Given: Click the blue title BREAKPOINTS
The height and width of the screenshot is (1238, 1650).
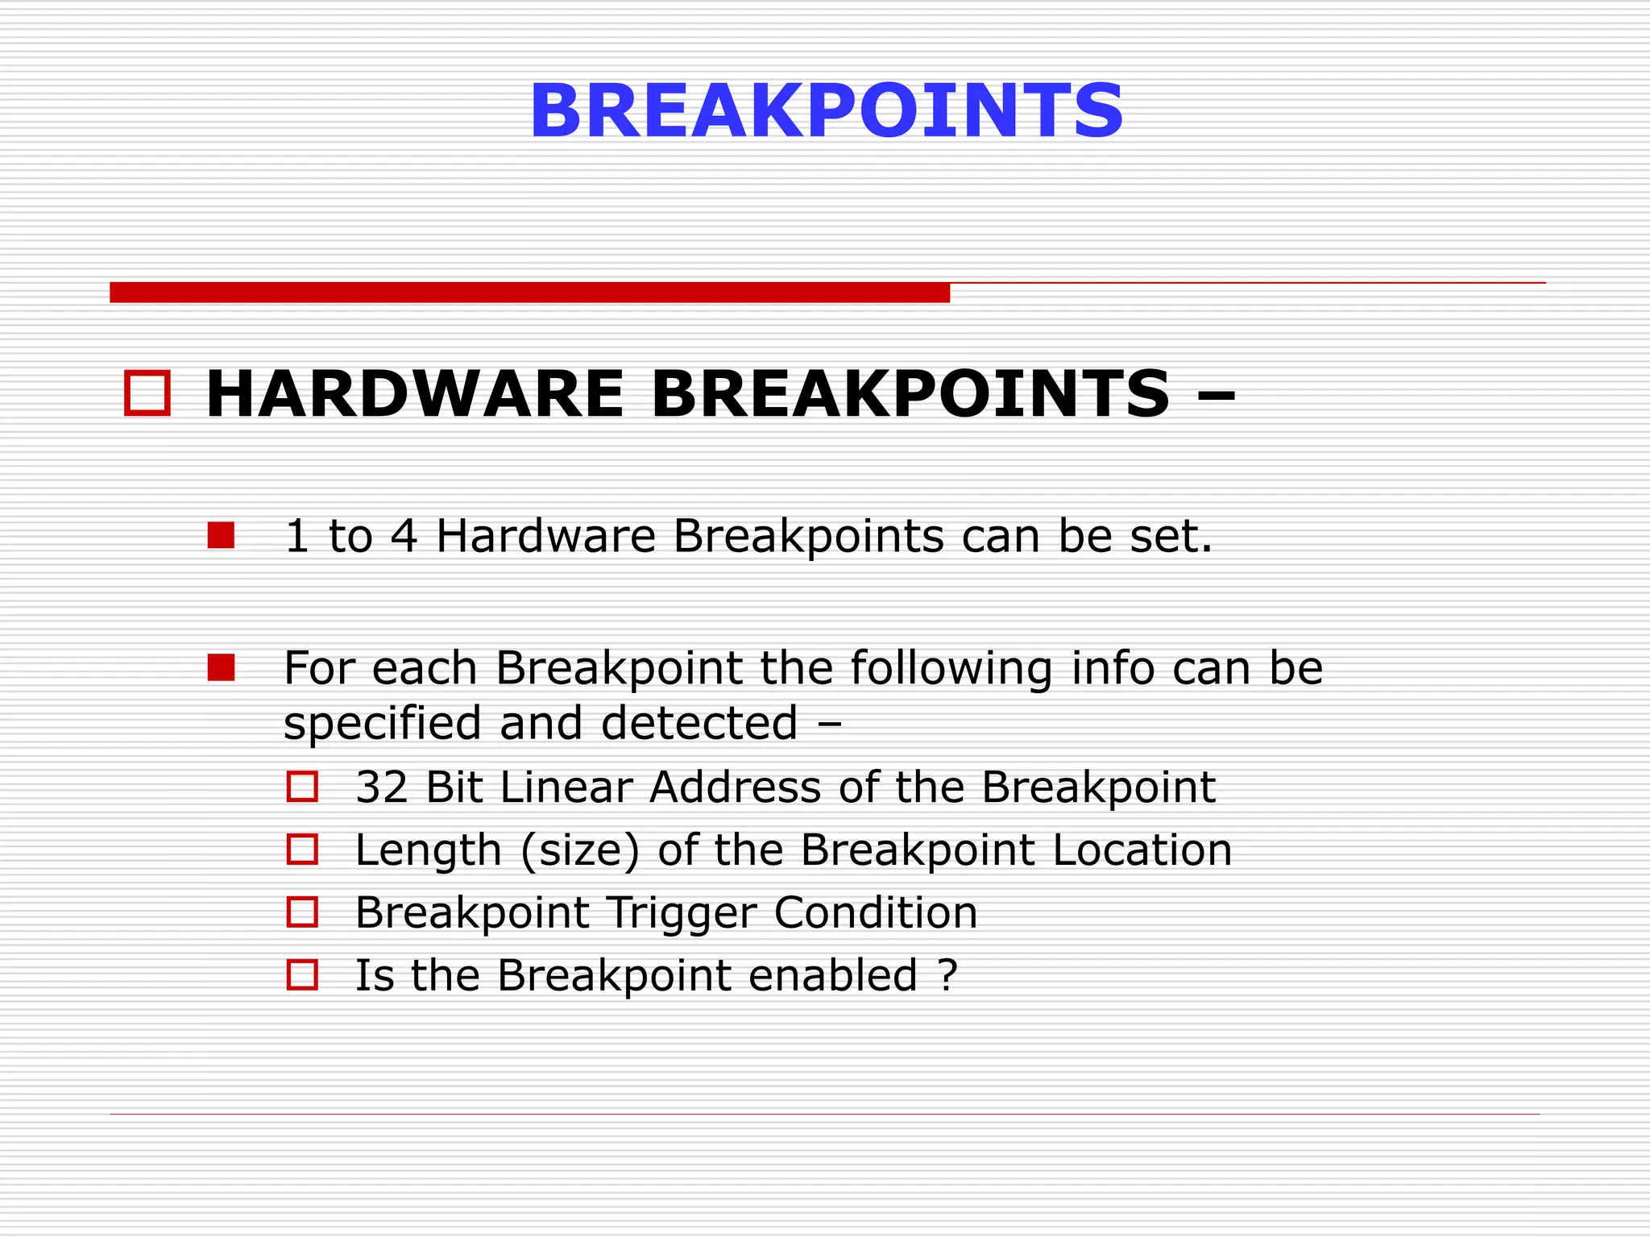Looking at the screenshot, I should point(826,111).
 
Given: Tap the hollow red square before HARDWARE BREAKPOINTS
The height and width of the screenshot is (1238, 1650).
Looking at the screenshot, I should point(147,393).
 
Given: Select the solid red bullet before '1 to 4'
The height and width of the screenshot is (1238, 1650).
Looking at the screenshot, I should point(221,535).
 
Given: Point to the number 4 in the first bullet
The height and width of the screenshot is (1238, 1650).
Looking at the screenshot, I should point(404,537).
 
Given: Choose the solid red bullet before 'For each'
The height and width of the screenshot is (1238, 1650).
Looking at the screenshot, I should point(221,667).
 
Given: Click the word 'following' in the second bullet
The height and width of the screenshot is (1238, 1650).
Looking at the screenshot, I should point(951,669).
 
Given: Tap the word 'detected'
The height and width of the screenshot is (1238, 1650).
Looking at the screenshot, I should point(699,723).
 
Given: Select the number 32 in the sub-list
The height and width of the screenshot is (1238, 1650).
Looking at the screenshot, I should point(381,787).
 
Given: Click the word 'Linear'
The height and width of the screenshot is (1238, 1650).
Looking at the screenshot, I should point(565,787).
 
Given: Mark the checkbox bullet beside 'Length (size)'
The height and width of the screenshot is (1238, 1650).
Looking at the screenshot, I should point(303,850).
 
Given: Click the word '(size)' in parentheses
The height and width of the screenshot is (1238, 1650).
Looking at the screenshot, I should point(580,851).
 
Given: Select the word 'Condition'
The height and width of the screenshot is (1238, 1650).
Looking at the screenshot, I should point(875,913).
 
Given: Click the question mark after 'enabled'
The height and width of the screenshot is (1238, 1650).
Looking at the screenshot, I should point(948,976).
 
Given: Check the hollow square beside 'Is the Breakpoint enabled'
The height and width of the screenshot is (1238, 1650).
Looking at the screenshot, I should point(303,975).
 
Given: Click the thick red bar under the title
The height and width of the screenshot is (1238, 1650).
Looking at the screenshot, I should point(529,293).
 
